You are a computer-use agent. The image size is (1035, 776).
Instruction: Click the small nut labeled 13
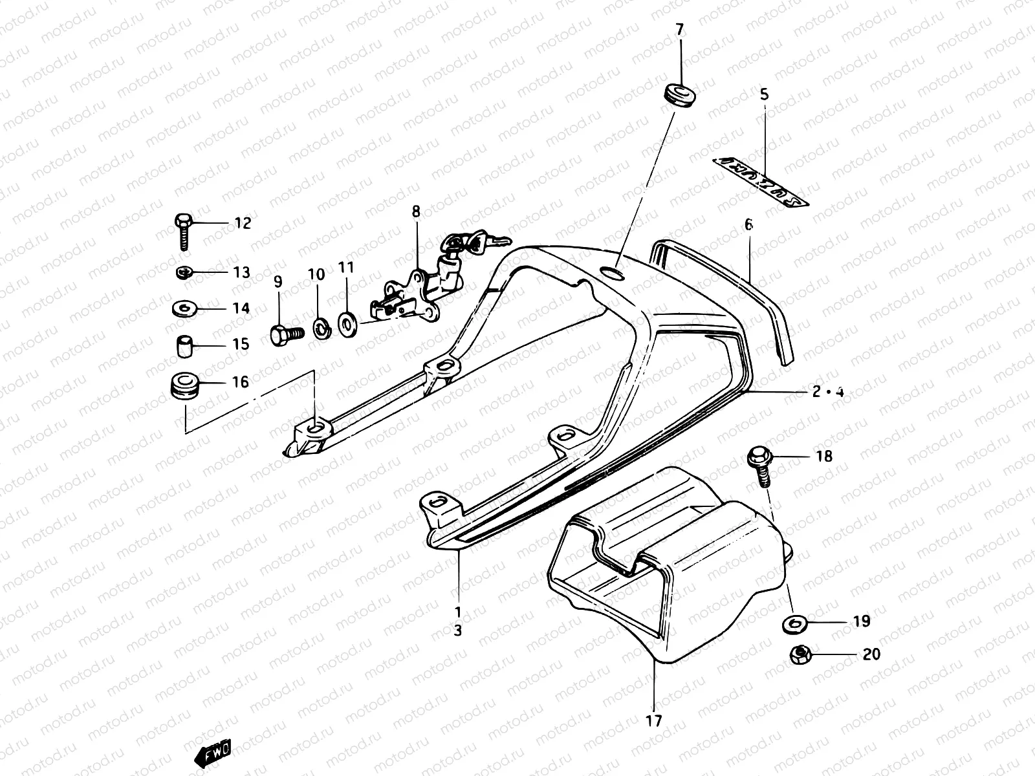[x=184, y=272]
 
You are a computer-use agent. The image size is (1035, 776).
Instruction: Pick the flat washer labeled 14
[x=184, y=308]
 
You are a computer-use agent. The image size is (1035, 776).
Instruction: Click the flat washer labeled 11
[x=347, y=321]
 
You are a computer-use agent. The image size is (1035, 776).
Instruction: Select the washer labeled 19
[x=792, y=624]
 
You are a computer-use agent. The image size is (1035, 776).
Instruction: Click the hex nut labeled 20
[x=800, y=656]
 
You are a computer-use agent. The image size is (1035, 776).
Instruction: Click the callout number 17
[x=654, y=720]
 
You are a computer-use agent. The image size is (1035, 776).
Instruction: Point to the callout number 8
[x=416, y=211]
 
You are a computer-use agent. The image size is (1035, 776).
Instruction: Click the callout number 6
[x=748, y=225]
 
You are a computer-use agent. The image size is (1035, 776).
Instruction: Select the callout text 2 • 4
[x=829, y=392]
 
